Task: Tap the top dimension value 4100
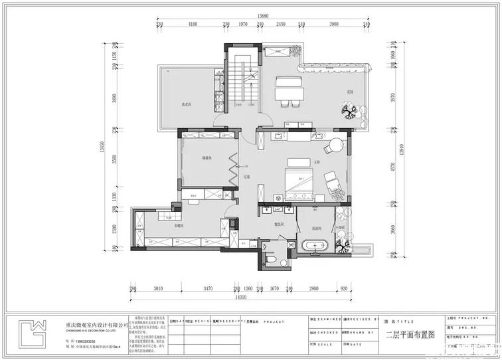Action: [x=193, y=24]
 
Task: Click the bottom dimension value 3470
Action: [x=207, y=289]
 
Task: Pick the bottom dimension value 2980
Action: [x=313, y=289]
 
